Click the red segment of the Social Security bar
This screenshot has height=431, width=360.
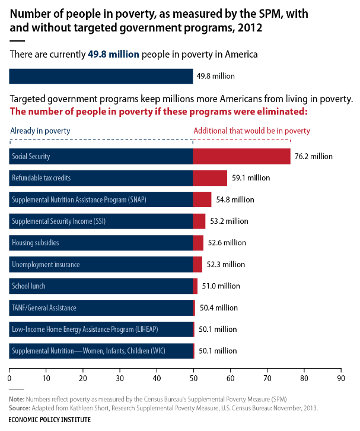241,156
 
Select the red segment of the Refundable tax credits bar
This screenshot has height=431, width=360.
210,178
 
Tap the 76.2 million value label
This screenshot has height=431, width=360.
314,156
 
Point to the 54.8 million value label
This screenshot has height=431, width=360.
235,199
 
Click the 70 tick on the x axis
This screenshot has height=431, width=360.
267,378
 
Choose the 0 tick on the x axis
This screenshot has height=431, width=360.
9,378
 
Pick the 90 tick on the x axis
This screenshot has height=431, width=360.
340,378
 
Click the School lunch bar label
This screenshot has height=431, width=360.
28,286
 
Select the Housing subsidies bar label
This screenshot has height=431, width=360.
36,243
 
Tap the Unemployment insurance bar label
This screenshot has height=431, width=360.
46,264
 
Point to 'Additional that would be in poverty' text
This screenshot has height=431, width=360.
252,131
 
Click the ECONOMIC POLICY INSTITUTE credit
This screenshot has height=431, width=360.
50,419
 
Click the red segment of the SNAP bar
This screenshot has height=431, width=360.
202,199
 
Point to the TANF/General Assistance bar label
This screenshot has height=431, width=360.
44,308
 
